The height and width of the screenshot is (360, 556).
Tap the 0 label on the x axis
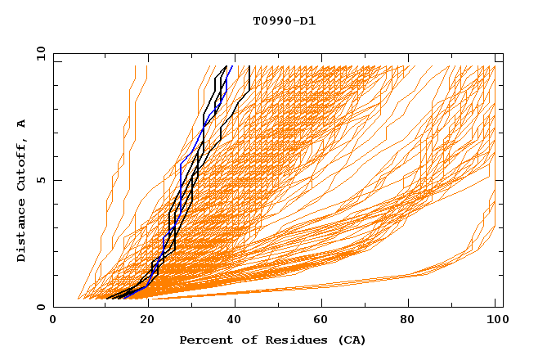click(x=53, y=321)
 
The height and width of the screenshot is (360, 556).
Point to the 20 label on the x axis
click(x=141, y=321)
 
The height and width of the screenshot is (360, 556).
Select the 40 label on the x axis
click(x=230, y=321)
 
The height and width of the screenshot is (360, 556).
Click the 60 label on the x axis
click(x=318, y=321)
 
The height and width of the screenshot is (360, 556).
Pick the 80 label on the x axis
click(x=406, y=321)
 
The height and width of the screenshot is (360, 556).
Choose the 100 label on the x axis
click(x=495, y=321)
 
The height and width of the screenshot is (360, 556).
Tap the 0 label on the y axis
click(x=40, y=308)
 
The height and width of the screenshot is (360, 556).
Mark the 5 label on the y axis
click(x=40, y=180)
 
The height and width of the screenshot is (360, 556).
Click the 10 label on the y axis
click(x=38, y=52)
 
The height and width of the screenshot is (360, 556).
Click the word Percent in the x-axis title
click(x=203, y=340)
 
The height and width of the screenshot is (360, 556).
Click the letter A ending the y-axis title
click(x=21, y=123)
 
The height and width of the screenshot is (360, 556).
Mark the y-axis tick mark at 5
click(x=56, y=180)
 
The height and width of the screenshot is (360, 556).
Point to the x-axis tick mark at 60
click(x=318, y=305)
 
